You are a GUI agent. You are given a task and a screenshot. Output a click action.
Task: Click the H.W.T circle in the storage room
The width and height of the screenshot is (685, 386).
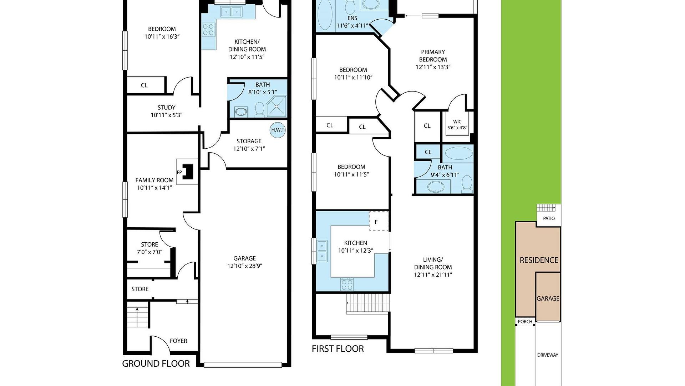pos(278,130)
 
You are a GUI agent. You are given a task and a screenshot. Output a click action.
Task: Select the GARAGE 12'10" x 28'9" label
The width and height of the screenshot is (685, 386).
pos(245,262)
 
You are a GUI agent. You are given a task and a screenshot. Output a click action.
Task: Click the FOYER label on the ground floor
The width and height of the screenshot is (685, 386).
pos(178,341)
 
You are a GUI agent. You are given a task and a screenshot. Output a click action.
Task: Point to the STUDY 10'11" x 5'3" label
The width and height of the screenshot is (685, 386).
pos(167,111)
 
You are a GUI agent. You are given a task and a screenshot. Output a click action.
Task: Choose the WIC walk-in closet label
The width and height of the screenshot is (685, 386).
pos(457,124)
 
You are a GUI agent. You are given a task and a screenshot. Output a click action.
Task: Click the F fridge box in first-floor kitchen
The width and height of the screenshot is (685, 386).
pos(378,221)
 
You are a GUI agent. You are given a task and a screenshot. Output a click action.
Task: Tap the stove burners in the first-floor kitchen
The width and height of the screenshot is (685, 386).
pos(347,284)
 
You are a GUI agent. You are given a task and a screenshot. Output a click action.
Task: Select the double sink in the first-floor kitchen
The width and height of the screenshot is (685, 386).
pos(322,251)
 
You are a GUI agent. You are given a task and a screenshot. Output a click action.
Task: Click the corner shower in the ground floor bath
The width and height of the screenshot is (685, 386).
pos(276,107)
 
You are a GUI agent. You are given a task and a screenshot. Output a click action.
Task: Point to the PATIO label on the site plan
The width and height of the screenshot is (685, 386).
pos(549,218)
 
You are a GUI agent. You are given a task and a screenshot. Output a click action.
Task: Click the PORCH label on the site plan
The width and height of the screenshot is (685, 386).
pos(525,322)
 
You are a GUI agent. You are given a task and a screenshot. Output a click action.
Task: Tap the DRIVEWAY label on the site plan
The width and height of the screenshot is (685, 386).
pos(548,355)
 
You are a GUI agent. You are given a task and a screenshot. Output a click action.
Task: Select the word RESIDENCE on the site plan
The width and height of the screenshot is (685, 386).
pos(539,260)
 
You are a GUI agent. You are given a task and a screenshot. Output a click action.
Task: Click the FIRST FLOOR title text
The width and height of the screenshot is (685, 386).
pos(338,349)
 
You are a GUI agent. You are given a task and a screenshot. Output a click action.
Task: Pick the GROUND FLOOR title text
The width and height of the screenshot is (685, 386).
pos(156,364)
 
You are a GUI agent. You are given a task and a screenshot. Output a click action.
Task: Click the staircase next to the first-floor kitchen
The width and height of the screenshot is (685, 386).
pos(367,303)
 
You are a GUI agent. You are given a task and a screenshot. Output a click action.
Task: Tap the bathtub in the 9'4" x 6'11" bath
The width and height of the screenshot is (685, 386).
pos(459,153)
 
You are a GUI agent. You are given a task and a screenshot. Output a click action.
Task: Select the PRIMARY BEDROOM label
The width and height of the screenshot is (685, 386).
pos(433,56)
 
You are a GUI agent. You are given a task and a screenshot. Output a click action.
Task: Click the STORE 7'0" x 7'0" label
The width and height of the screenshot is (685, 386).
pos(149,248)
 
